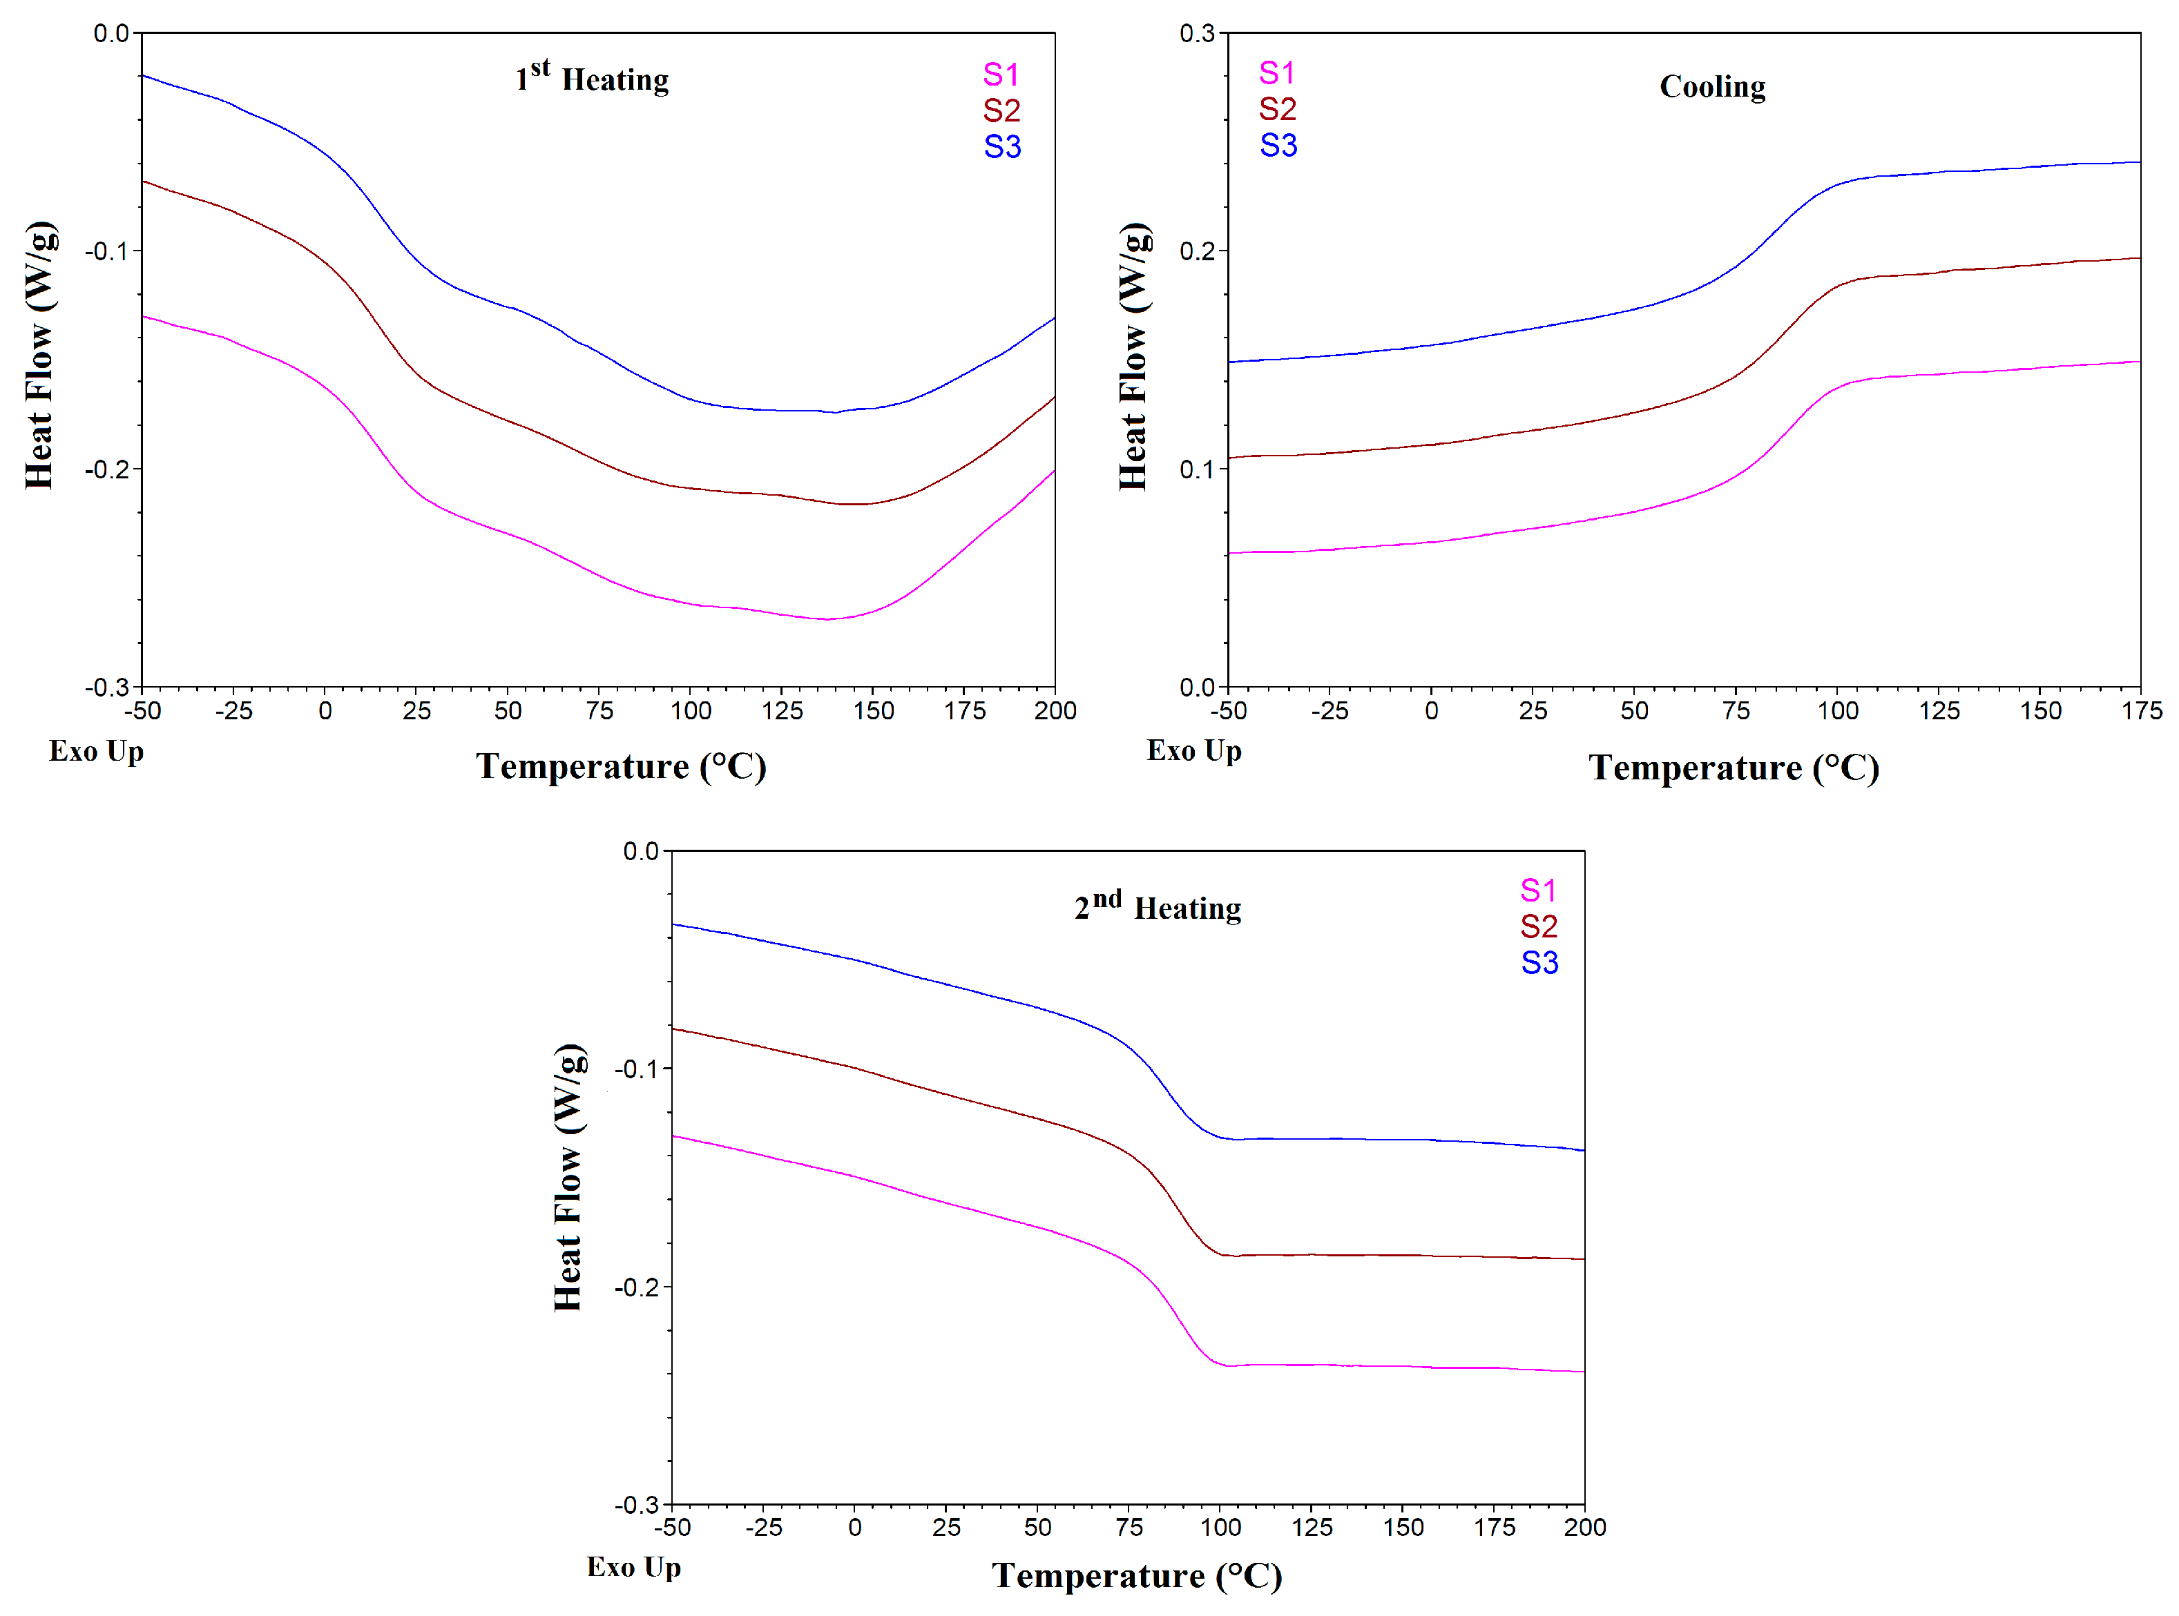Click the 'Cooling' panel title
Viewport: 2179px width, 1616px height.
1711,86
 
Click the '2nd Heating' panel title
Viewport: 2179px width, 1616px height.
1158,907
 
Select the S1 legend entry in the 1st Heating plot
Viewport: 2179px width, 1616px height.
1001,75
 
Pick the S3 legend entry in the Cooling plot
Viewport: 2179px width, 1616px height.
1278,146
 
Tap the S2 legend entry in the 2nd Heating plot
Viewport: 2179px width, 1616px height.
1538,926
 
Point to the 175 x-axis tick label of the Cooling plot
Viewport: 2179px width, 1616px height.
2141,711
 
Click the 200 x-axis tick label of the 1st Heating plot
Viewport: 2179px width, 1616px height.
1055,711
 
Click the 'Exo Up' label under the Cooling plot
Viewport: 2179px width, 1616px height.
1193,750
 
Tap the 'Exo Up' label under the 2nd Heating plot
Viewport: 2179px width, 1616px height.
633,1567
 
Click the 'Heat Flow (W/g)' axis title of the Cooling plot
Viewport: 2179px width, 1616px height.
1133,356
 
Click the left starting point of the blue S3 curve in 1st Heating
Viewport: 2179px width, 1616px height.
143,75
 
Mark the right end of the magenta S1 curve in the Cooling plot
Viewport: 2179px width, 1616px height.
2139,362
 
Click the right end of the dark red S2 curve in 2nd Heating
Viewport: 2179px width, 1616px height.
1583,1259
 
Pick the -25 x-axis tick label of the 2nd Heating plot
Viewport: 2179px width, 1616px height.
763,1528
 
